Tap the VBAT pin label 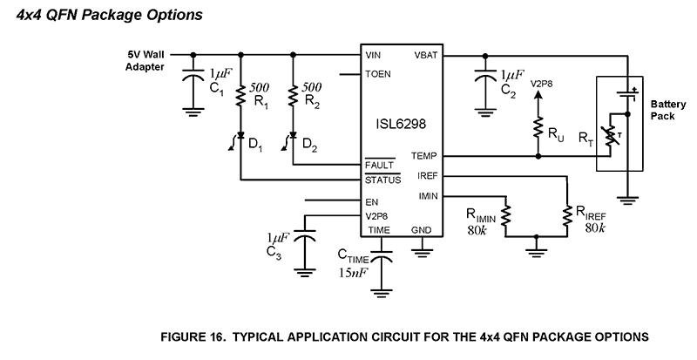[425, 54]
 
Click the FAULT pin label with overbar [382, 165]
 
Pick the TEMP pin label [424, 157]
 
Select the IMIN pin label [427, 196]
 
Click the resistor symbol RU [539, 128]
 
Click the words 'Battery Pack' [667, 108]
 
